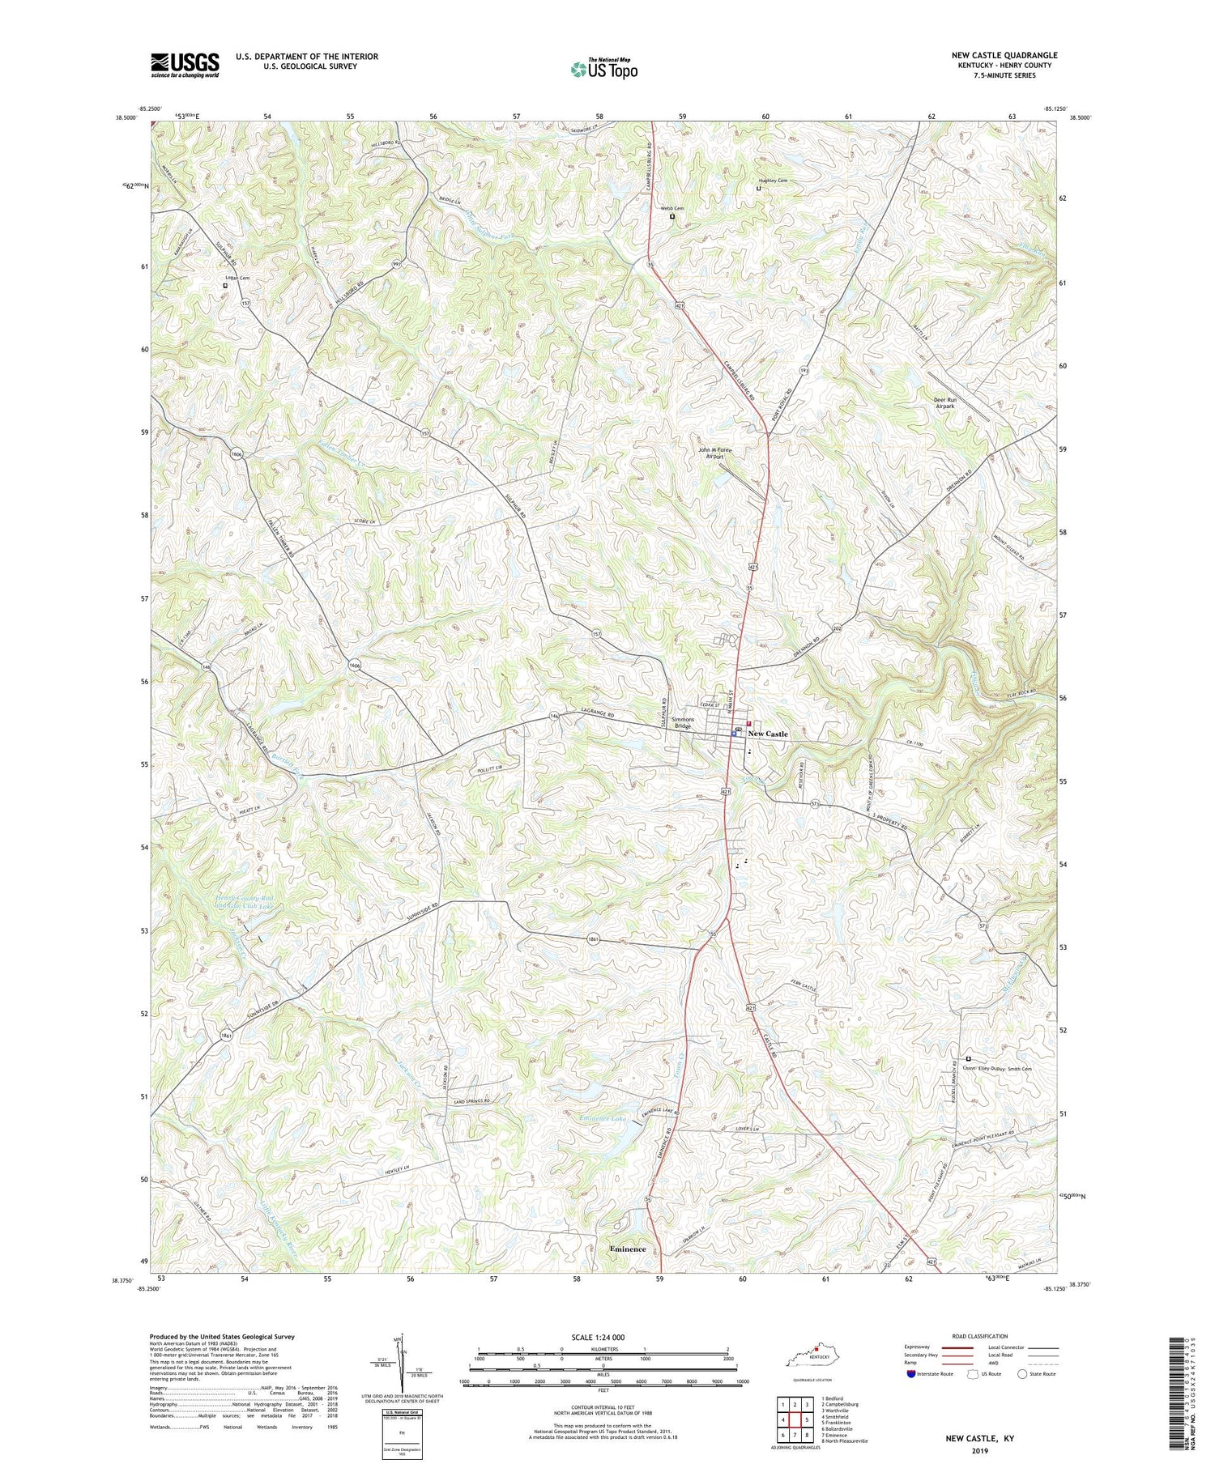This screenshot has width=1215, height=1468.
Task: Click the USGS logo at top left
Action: pyautogui.click(x=185, y=65)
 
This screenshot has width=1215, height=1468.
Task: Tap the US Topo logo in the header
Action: pyautogui.click(x=603, y=69)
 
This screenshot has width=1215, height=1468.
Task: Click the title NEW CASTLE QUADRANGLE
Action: pyautogui.click(x=1004, y=55)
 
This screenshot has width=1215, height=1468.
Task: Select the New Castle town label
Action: pyautogui.click(x=767, y=734)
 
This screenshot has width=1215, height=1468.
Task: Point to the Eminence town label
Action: pyautogui.click(x=628, y=1249)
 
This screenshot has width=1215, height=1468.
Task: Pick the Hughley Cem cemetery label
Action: pyautogui.click(x=772, y=181)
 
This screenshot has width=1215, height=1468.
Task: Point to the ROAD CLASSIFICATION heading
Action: pyautogui.click(x=980, y=1336)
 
